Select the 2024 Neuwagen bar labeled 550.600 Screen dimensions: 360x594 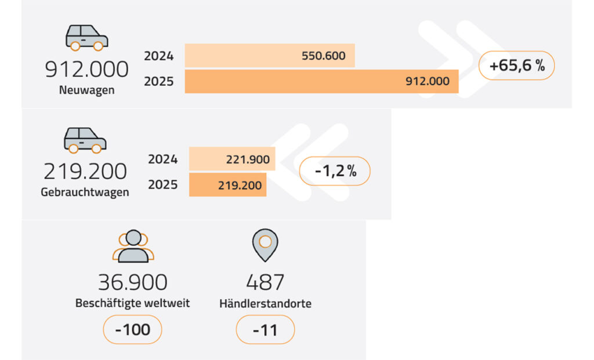(270, 56)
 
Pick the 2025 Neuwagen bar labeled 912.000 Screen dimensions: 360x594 (321, 81)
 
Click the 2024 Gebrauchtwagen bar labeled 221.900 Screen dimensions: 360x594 (232, 159)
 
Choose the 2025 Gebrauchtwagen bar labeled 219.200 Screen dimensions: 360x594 (227, 185)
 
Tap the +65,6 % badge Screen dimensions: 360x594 (517, 66)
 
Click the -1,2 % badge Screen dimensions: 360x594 (335, 171)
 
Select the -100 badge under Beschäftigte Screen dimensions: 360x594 (132, 330)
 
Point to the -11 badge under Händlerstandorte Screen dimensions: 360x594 (265, 330)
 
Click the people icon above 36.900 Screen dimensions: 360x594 (133, 246)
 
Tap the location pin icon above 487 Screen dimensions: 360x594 (265, 245)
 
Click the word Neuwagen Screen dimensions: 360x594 (86, 90)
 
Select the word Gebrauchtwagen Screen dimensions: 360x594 (85, 192)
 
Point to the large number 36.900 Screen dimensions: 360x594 (133, 282)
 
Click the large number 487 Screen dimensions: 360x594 (265, 282)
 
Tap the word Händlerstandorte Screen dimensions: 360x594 (265, 303)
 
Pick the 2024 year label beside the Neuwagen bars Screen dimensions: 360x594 (158, 56)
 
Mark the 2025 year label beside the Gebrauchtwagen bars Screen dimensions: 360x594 (162, 185)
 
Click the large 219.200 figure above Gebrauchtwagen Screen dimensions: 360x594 (85, 172)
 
